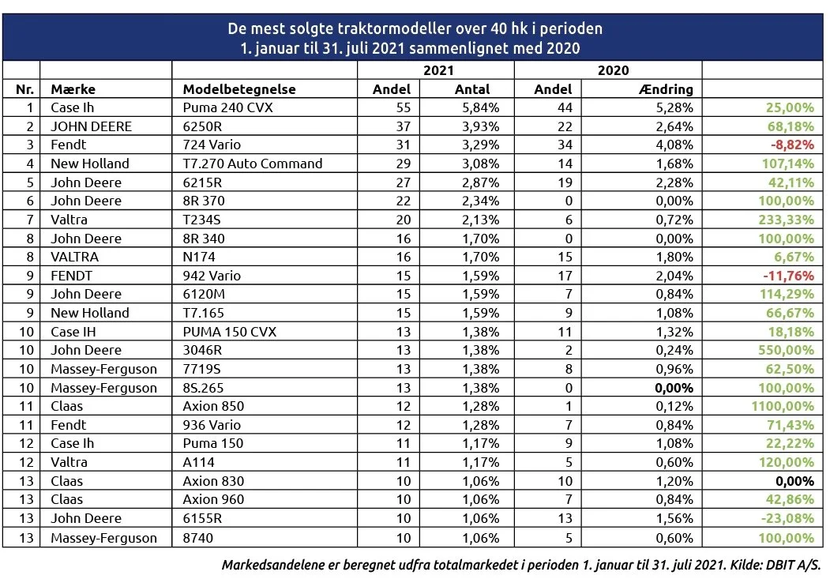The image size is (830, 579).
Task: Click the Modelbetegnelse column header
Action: [x=239, y=89]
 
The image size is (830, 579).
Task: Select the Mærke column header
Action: [x=73, y=89]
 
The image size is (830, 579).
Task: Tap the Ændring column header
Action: [x=666, y=89]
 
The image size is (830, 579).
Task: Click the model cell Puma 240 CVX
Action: [x=227, y=107]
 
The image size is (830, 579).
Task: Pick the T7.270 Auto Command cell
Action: [x=253, y=164]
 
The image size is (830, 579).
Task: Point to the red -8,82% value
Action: [x=792, y=145]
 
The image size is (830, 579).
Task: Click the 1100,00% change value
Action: [x=783, y=407]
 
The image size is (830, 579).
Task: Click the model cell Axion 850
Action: [x=213, y=407]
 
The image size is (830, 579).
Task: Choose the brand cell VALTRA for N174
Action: [x=75, y=258]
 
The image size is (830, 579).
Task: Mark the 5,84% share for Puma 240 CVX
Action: [x=481, y=107]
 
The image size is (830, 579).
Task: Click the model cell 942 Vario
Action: [x=212, y=276]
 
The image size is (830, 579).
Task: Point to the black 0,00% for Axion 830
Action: [x=794, y=481]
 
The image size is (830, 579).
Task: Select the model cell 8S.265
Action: [x=203, y=388]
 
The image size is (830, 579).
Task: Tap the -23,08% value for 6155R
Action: [x=787, y=519]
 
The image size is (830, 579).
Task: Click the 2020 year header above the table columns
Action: [x=614, y=70]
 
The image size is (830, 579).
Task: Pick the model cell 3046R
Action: [x=203, y=351]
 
